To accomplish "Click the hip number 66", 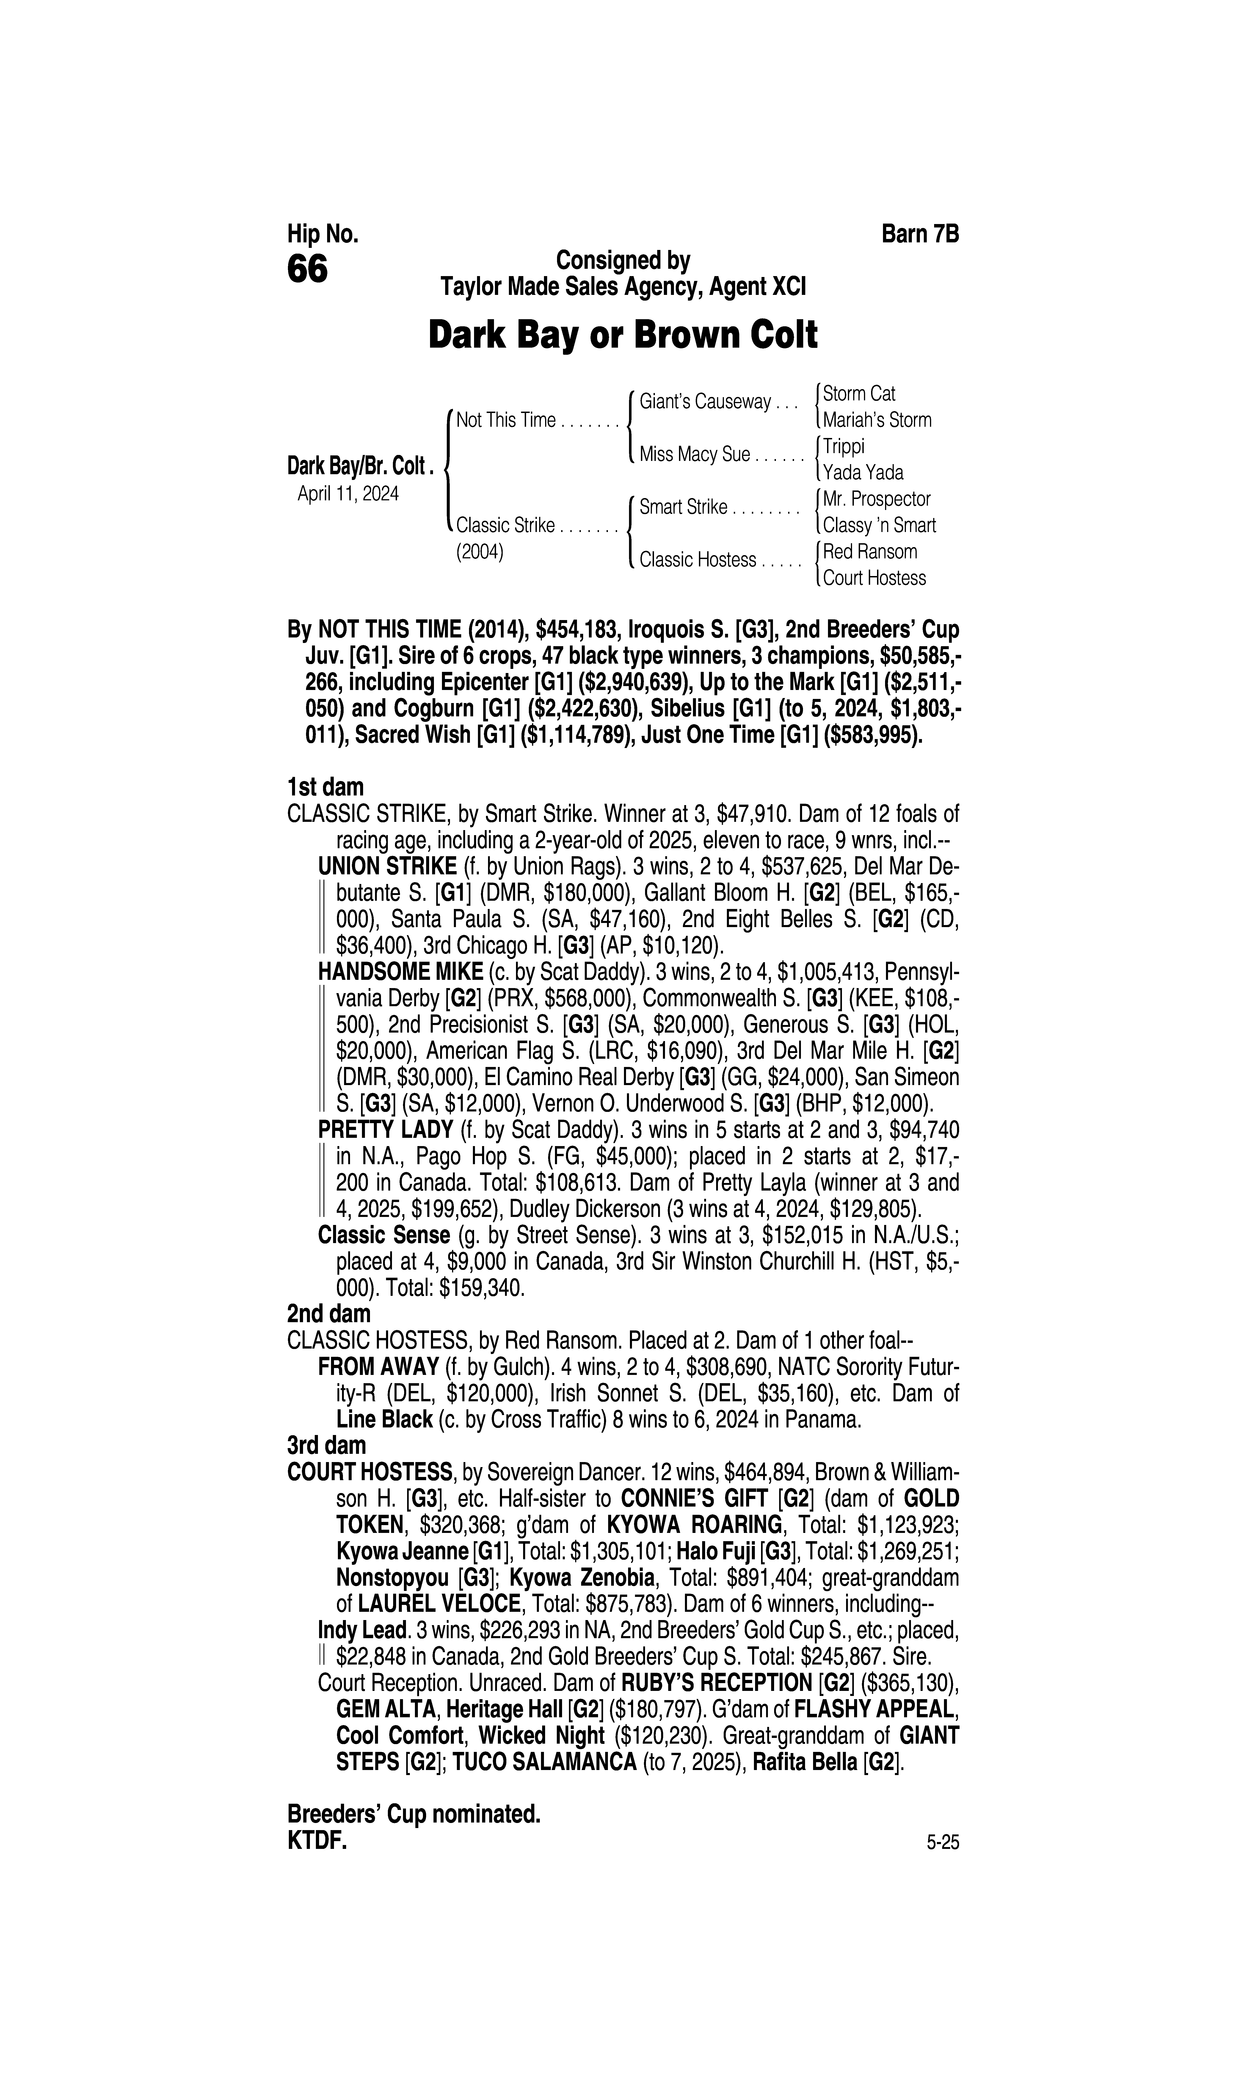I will [x=308, y=270].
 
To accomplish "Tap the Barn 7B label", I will [x=920, y=234].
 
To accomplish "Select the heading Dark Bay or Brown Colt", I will [x=623, y=335].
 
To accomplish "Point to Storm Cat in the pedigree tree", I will [x=859, y=393].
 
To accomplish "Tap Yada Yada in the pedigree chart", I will [x=863, y=472].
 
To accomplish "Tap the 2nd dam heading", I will [x=328, y=1313].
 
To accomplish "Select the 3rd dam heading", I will [x=327, y=1445].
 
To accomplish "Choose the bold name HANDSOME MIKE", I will [x=401, y=972].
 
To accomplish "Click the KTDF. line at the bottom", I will [x=317, y=1841].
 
